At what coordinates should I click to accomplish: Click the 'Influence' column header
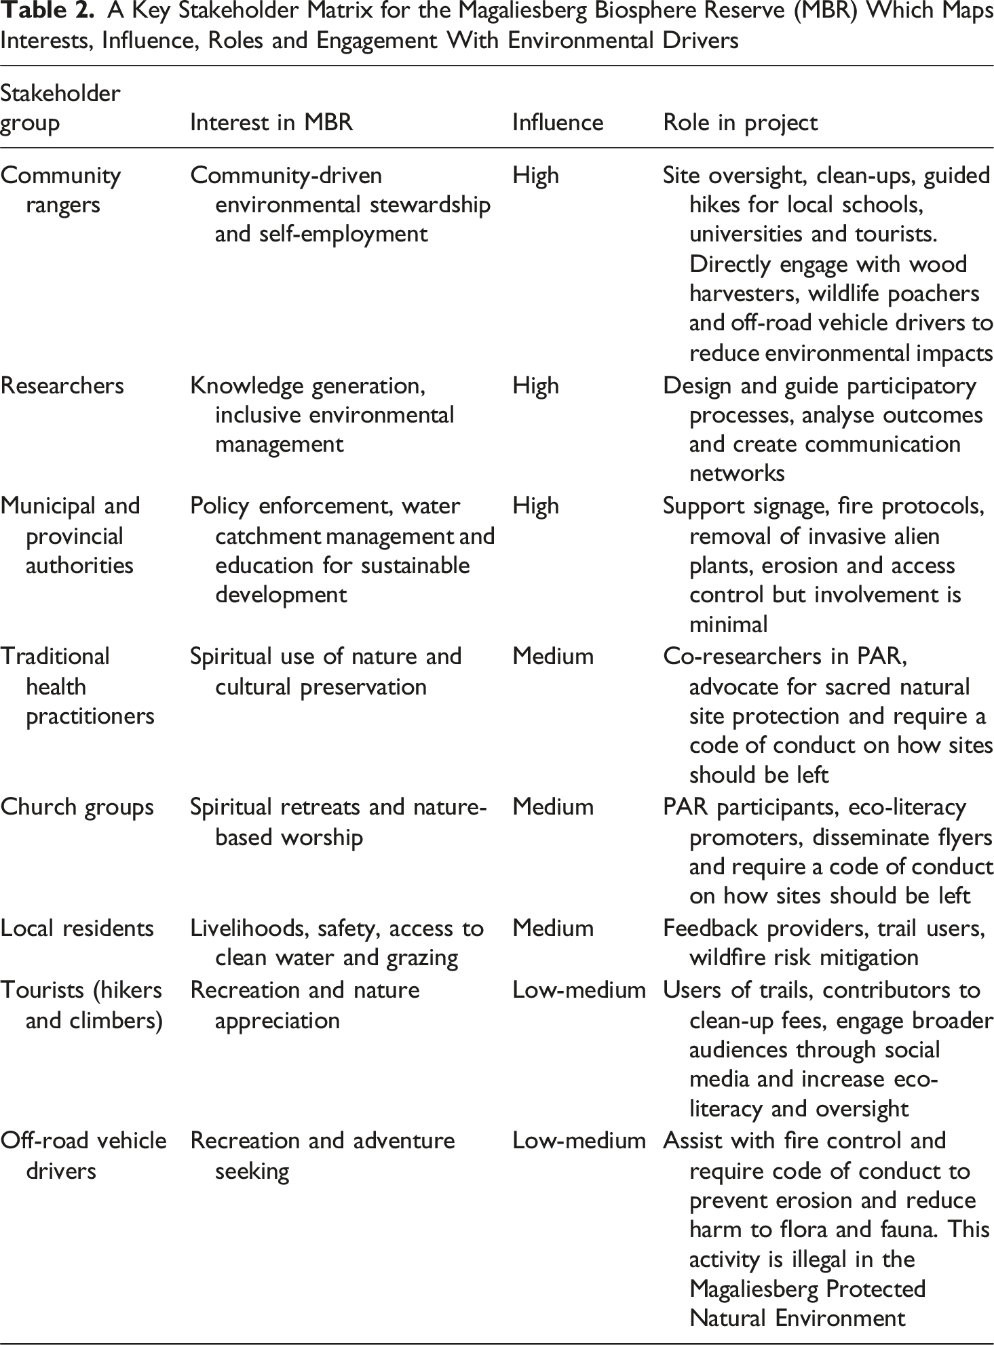tap(557, 122)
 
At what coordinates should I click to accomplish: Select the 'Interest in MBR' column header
tap(271, 122)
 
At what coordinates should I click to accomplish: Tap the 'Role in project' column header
tap(740, 122)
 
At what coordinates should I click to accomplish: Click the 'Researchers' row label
tap(62, 385)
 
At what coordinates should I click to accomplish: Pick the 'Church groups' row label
tap(77, 806)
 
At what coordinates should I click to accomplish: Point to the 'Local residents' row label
tap(77, 927)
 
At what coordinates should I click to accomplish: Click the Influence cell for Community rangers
tap(536, 175)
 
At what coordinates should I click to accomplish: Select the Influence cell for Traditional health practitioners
tap(553, 656)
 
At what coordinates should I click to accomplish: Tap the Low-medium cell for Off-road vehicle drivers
tap(579, 1140)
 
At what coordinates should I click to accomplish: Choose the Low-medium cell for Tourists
tap(579, 990)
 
